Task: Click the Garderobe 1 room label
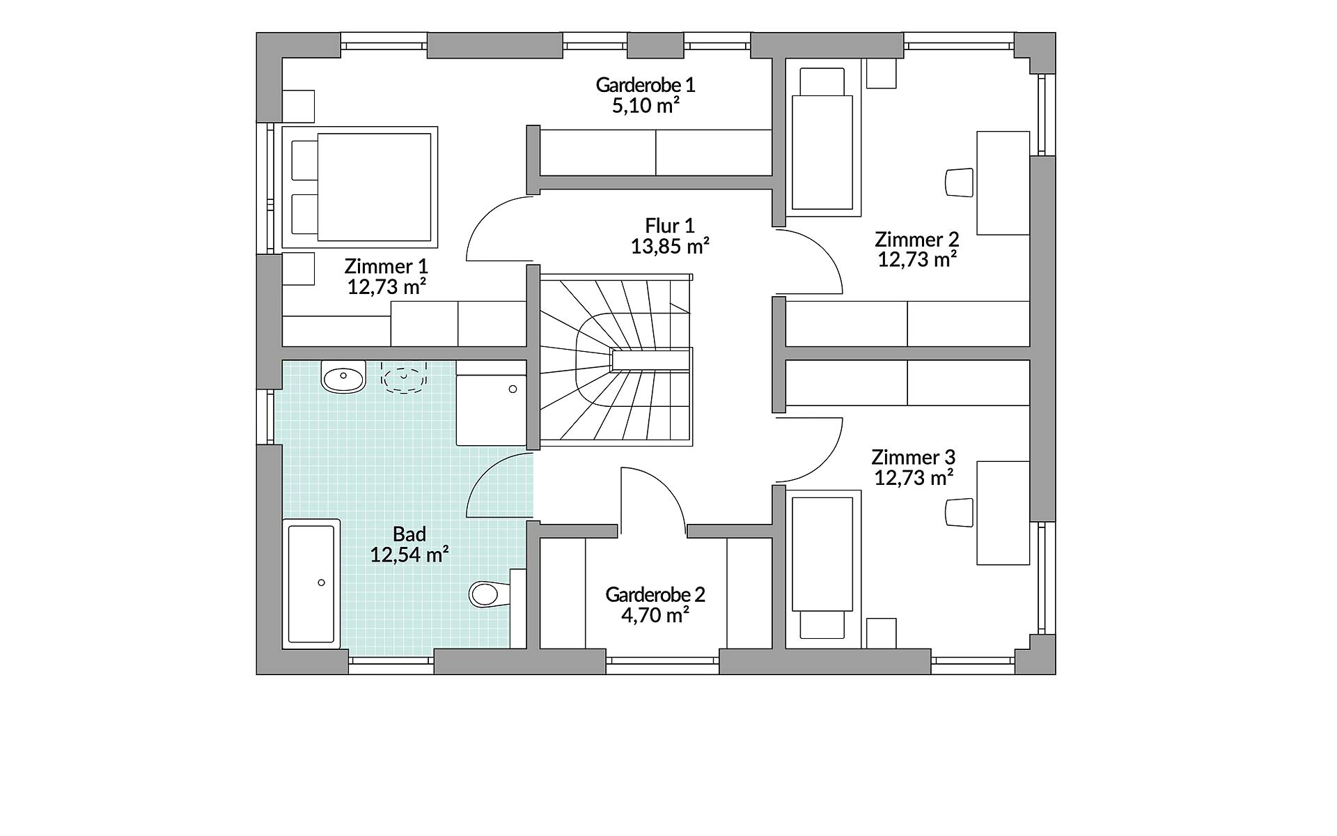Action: pos(646,85)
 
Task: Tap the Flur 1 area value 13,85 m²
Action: pos(670,246)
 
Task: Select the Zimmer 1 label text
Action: pos(386,266)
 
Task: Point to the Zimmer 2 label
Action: pos(917,240)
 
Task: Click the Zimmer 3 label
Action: pos(914,458)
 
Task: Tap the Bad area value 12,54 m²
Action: pos(409,555)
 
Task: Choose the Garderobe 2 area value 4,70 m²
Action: pos(655,615)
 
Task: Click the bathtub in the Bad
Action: pos(311,584)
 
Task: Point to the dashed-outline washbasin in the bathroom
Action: pos(404,378)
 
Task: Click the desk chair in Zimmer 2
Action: pos(959,182)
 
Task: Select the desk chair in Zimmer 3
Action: pos(959,512)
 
